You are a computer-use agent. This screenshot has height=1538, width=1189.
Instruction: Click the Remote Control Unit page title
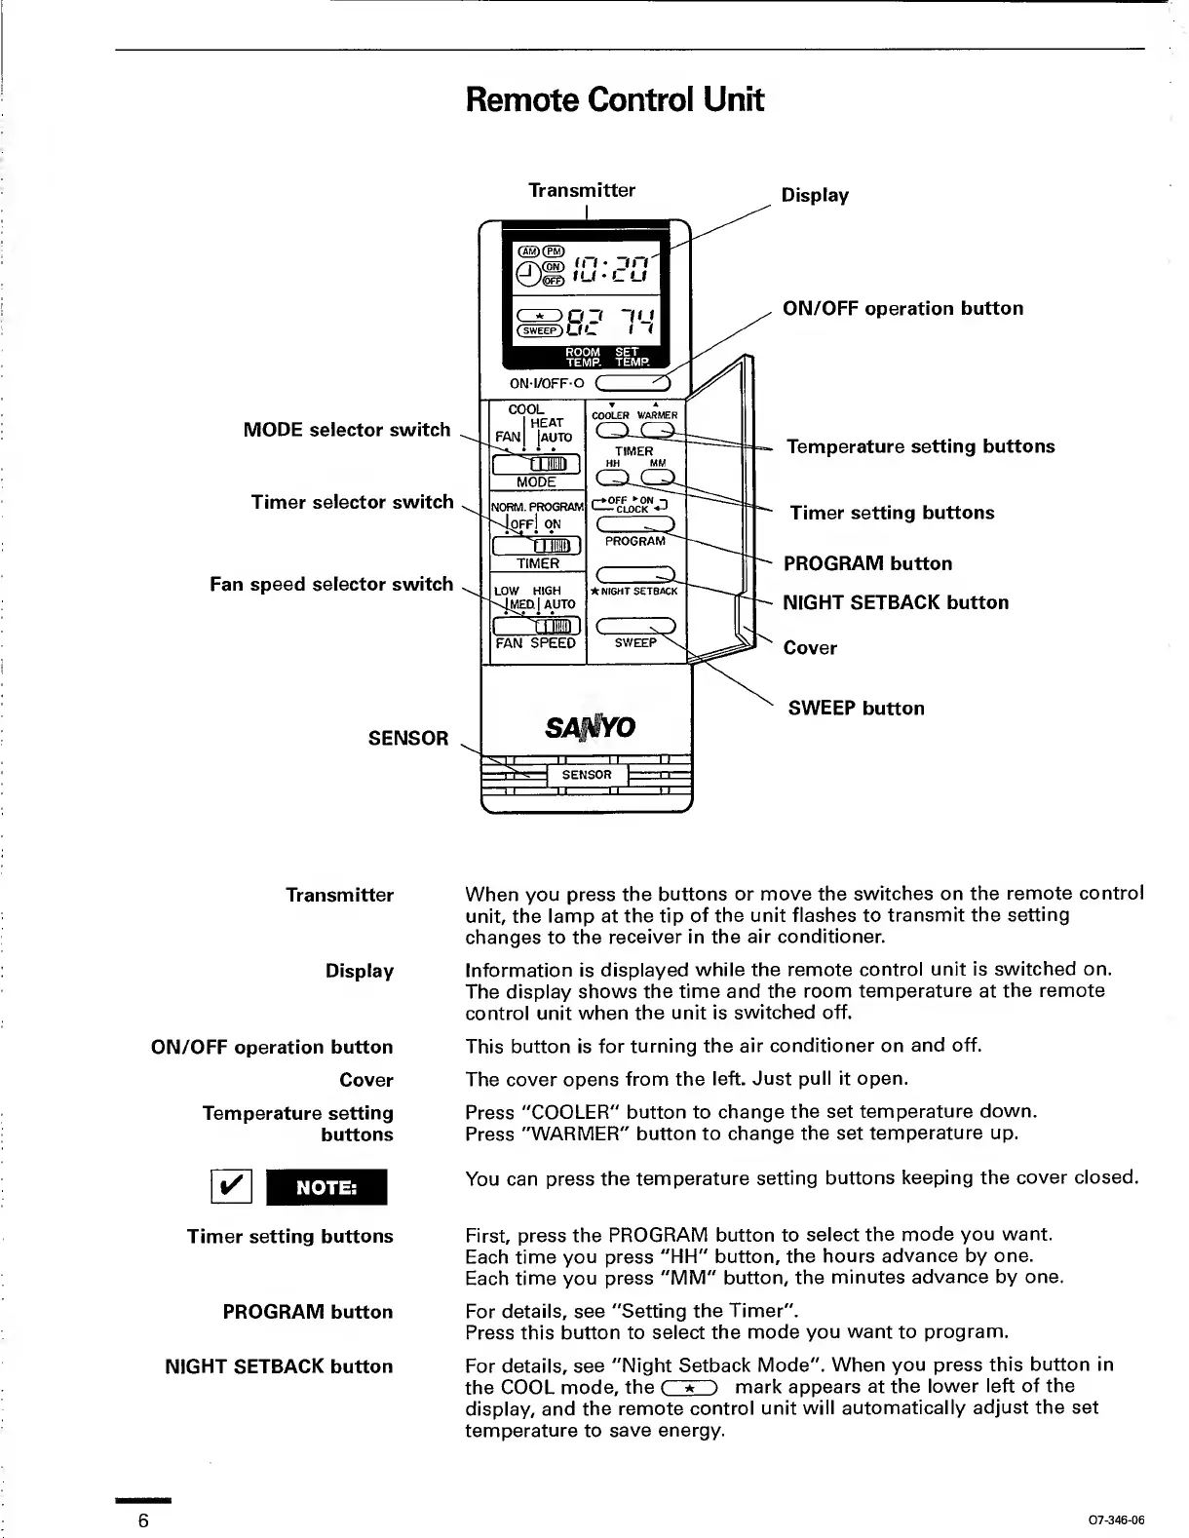(614, 99)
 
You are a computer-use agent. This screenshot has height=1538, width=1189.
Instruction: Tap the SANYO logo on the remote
(591, 727)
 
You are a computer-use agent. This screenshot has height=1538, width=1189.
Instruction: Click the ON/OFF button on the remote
(632, 382)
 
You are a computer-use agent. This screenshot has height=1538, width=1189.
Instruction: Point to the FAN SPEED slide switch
(537, 626)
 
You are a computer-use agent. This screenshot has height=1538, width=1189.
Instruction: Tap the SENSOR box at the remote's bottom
(587, 775)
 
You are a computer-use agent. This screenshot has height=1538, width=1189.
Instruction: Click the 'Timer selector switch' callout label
(352, 502)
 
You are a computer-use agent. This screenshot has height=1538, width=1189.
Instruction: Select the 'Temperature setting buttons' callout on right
(921, 446)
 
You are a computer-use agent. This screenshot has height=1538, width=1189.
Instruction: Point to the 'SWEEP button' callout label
(856, 709)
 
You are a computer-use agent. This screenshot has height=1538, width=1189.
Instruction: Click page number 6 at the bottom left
(143, 1521)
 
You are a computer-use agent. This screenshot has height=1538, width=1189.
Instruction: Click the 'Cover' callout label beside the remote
(810, 648)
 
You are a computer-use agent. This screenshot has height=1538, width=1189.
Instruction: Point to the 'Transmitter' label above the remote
(581, 190)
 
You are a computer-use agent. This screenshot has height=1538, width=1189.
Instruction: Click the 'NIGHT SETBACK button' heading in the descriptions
(279, 1366)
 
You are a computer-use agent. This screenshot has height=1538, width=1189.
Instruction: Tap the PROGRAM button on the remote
(634, 524)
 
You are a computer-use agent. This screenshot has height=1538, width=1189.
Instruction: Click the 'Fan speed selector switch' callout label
(331, 584)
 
